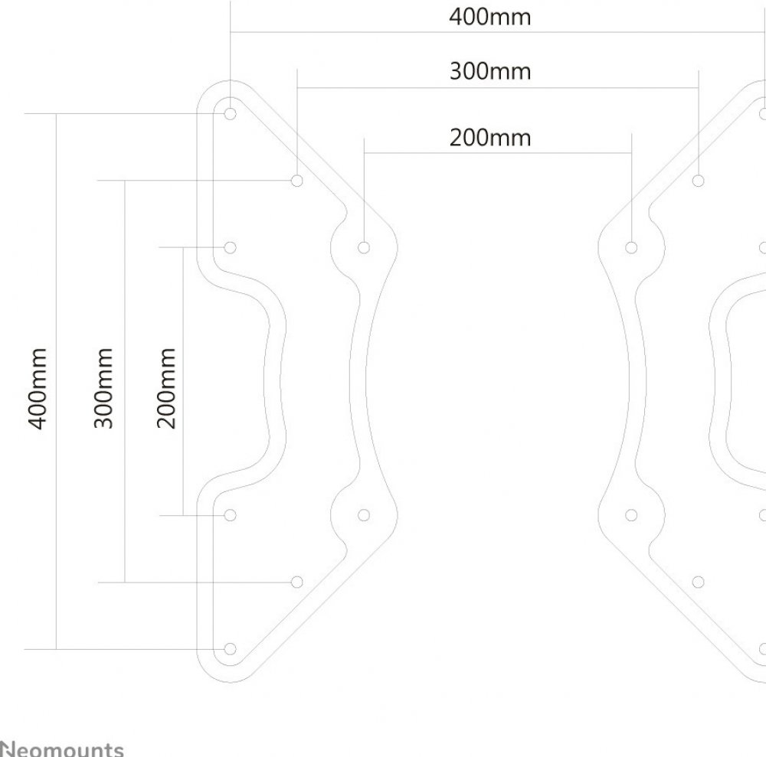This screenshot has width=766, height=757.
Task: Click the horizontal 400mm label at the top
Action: coord(489,17)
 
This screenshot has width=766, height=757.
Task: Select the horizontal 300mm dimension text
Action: coord(489,72)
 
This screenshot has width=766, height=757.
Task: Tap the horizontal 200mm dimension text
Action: coord(489,138)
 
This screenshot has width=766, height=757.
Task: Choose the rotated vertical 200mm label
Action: coord(168,388)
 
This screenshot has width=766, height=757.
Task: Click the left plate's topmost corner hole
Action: coord(231,113)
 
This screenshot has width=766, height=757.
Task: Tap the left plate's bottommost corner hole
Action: coord(231,649)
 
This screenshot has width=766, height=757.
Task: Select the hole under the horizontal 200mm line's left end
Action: coord(364,247)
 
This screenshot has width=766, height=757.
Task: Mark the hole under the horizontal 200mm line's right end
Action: coord(631,247)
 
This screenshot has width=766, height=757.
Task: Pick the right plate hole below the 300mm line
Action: coord(698,181)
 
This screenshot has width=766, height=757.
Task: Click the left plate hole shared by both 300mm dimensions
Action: coord(297,181)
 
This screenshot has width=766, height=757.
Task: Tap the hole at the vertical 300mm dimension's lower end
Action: coord(297,582)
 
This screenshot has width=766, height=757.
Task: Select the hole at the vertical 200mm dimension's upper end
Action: coord(231,247)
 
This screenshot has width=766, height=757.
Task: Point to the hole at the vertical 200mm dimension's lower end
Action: coord(231,515)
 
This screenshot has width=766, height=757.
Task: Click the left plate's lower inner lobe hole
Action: coord(364,515)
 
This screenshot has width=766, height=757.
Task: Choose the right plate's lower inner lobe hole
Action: coord(631,515)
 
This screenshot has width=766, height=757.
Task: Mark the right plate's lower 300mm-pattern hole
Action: coord(698,582)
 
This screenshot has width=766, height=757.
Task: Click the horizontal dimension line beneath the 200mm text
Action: coord(497,154)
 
